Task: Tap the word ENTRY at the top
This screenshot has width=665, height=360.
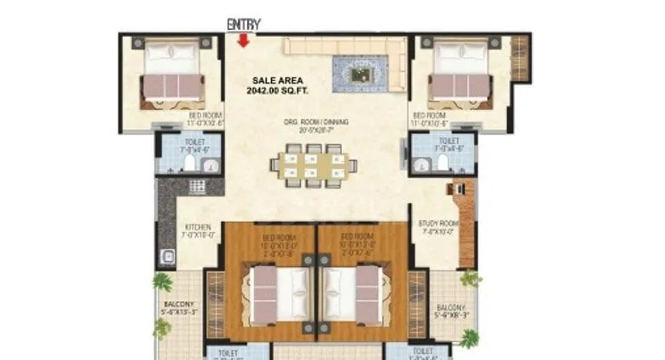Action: [x=243, y=25]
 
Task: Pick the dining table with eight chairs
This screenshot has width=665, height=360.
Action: [x=310, y=161]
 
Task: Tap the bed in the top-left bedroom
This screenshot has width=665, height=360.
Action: [x=171, y=73]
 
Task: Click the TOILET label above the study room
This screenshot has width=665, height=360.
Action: [x=448, y=141]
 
